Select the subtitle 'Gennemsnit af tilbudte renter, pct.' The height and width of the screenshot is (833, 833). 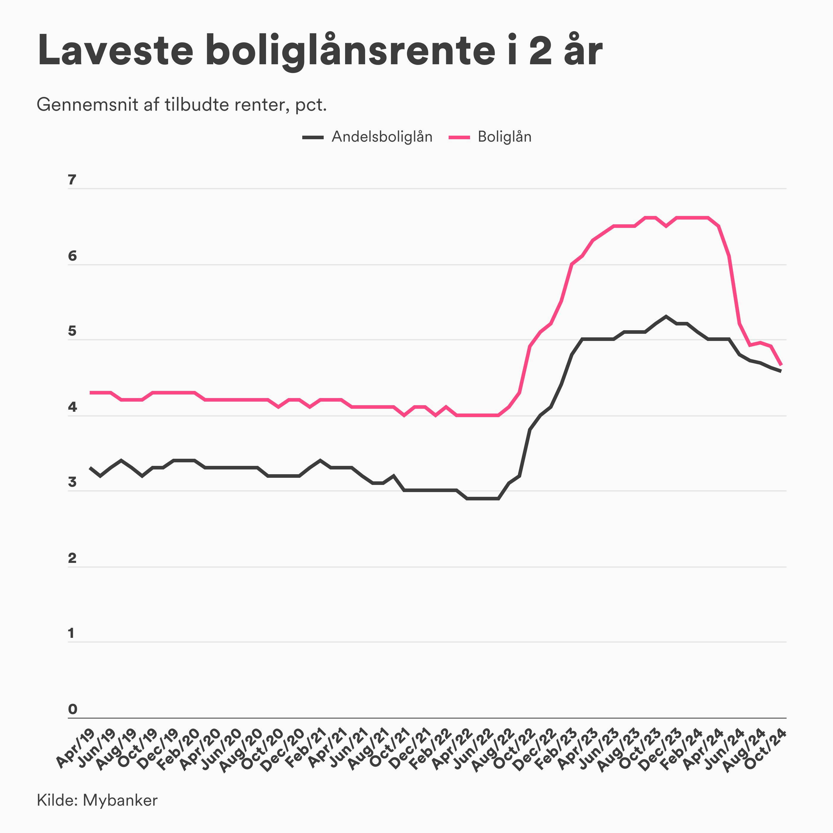pyautogui.click(x=181, y=105)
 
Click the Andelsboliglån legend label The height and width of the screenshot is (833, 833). pyautogui.click(x=382, y=137)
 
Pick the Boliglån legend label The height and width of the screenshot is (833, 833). pyautogui.click(x=505, y=137)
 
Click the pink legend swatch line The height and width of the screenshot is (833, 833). pyautogui.click(x=459, y=137)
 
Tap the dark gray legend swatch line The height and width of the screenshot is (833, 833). pyautogui.click(x=313, y=137)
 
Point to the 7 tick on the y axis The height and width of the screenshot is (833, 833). pyautogui.click(x=72, y=180)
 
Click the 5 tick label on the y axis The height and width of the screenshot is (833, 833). pyautogui.click(x=72, y=331)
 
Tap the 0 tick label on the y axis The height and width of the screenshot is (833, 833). pyautogui.click(x=72, y=709)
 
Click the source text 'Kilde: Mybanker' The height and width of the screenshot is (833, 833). pyautogui.click(x=97, y=800)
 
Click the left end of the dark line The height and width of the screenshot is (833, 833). pyautogui.click(x=90, y=468)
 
